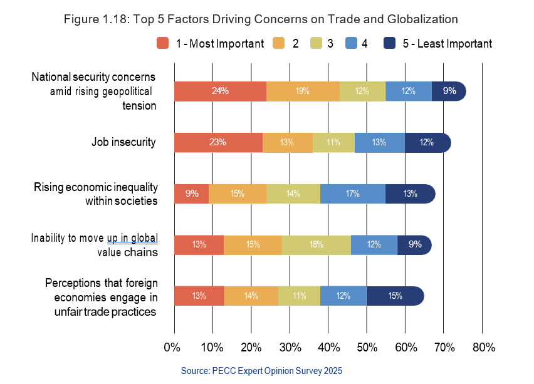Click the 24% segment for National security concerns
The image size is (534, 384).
[220, 91]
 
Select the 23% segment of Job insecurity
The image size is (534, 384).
[218, 143]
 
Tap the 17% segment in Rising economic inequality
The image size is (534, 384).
[353, 194]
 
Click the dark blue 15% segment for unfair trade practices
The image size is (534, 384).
[395, 296]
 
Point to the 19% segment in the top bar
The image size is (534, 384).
[303, 91]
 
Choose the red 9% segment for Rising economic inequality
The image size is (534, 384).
[192, 194]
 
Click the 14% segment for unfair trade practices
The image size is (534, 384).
[251, 296]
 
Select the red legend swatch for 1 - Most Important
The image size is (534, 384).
[163, 43]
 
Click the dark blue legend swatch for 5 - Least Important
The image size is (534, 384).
[389, 43]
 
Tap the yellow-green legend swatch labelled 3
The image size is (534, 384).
[316, 43]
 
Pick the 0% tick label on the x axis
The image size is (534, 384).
[172, 348]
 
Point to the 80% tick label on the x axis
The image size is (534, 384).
[483, 348]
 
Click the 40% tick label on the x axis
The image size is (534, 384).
[328, 348]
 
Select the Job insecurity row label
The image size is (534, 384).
[123, 142]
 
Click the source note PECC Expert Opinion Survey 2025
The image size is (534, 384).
[261, 371]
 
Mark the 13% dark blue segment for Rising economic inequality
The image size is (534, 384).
[410, 194]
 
